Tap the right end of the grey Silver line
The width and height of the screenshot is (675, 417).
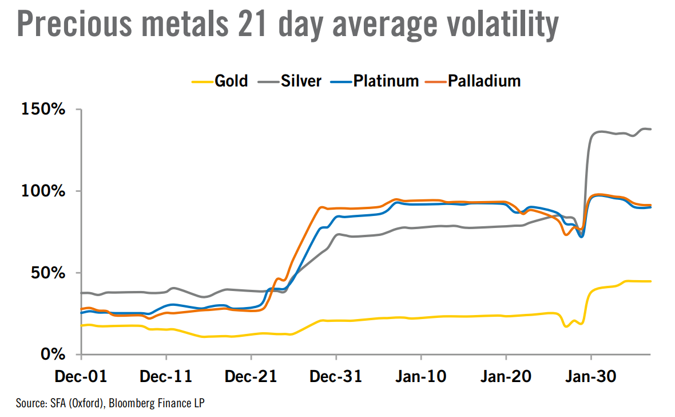coord(650,129)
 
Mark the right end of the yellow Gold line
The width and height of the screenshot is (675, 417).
coord(650,281)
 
